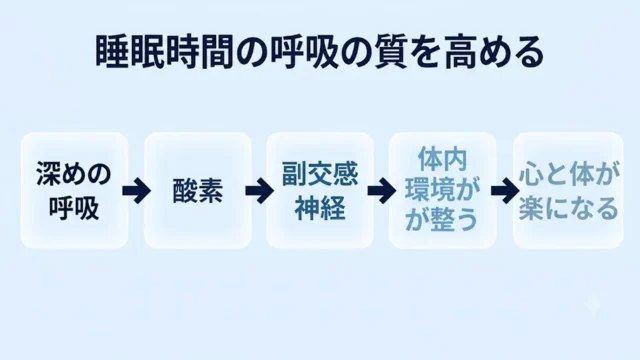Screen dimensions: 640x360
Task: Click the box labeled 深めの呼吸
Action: (74, 190)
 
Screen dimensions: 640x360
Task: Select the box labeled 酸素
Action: (198, 190)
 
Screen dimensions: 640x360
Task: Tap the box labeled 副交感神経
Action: (320, 190)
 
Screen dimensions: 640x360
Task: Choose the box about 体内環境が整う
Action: (442, 190)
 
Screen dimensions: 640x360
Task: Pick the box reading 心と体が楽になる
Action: (568, 190)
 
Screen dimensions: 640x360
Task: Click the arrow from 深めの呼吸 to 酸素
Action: (136, 190)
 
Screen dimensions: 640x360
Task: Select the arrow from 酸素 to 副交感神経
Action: (259, 190)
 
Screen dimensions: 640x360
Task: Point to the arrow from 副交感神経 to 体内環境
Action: (382, 190)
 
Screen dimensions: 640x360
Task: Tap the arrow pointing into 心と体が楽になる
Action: (505, 190)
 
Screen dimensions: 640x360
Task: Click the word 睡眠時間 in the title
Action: (164, 52)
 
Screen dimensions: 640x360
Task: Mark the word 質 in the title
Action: (391, 52)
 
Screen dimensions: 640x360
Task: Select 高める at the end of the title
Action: (494, 52)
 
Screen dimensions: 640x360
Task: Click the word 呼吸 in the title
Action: (303, 52)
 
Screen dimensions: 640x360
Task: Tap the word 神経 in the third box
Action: (320, 208)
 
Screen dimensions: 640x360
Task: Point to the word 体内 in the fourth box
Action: (442, 159)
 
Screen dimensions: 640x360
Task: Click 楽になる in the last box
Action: (568, 208)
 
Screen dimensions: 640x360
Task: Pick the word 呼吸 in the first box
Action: (74, 208)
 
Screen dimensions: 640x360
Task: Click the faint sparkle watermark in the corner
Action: (592, 305)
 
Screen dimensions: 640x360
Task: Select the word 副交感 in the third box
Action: (320, 174)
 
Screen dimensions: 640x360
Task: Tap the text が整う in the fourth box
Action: (442, 220)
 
